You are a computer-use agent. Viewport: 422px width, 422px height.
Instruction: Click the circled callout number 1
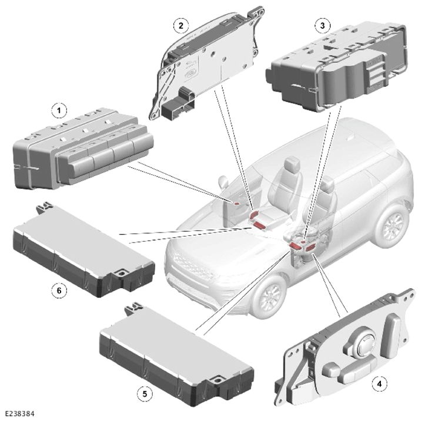point(59,111)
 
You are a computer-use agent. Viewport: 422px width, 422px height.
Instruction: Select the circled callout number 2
point(180,26)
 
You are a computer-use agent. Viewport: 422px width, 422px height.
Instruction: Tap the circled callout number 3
point(322,26)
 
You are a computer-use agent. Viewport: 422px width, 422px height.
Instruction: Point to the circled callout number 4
point(380,383)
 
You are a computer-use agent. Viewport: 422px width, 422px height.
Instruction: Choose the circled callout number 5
point(145,394)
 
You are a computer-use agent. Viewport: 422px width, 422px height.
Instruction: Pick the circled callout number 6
point(59,290)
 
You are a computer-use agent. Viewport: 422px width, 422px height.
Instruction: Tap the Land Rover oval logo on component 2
point(190,73)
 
